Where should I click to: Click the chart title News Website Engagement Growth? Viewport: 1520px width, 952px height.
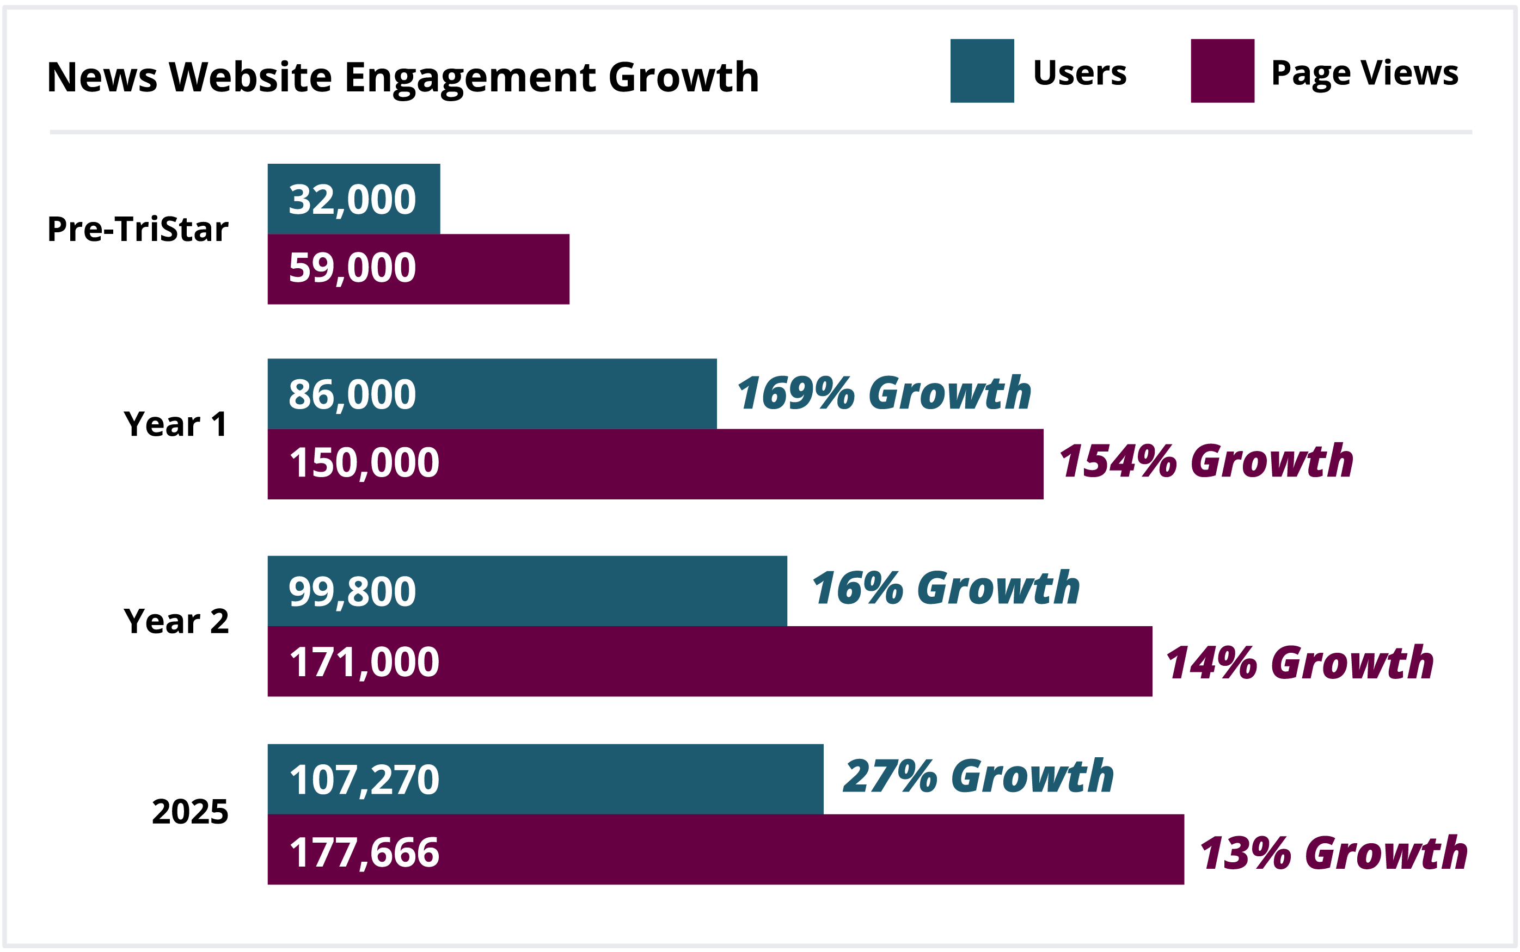[x=403, y=77]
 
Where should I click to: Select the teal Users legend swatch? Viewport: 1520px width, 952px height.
[x=982, y=71]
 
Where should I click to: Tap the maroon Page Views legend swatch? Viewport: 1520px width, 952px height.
[x=1222, y=71]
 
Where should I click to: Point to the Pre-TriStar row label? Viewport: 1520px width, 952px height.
[x=137, y=228]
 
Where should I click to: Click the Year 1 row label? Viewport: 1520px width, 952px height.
[x=175, y=424]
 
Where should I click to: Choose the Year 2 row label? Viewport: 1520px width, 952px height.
[x=176, y=621]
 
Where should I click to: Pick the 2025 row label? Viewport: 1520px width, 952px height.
[x=189, y=811]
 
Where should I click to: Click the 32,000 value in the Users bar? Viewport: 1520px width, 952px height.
[x=352, y=200]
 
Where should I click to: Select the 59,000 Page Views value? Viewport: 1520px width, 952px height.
[x=352, y=268]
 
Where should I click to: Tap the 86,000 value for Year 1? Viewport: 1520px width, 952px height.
[x=352, y=395]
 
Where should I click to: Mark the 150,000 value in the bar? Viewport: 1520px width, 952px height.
[x=364, y=463]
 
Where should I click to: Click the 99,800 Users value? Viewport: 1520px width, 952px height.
[x=352, y=592]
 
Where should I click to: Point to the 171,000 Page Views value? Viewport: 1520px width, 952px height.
[x=364, y=663]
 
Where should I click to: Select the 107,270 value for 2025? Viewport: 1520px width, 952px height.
[x=364, y=780]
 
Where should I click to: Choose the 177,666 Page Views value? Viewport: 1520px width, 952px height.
[x=364, y=852]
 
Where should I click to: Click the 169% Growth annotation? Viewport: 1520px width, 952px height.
[x=883, y=393]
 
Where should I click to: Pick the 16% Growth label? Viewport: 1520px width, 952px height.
[x=945, y=589]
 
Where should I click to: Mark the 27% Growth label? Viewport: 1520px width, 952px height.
[x=978, y=776]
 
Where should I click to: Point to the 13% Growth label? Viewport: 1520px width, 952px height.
[x=1333, y=854]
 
